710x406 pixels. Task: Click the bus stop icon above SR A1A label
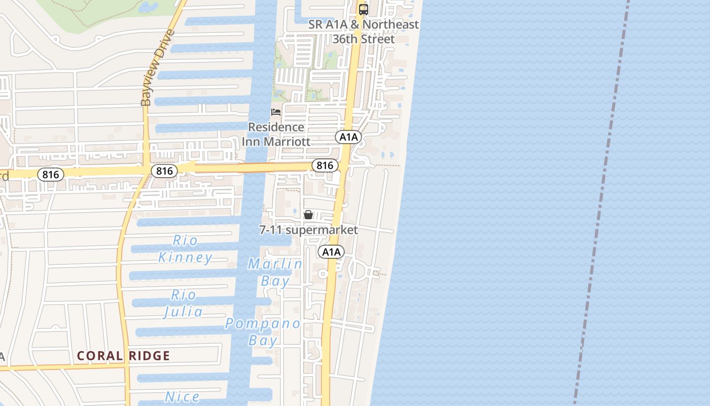pos(363,9)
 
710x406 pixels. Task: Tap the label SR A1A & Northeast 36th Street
pos(364,31)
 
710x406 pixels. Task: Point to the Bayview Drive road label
pos(158,68)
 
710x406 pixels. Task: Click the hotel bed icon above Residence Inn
pos(276,112)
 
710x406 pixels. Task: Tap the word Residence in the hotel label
pos(276,127)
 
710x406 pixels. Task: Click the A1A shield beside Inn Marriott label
pos(348,137)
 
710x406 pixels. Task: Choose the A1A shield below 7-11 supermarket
pos(331,252)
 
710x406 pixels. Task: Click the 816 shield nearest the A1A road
pos(325,165)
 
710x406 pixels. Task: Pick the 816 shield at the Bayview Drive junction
pos(164,171)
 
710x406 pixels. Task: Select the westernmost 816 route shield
pos(51,175)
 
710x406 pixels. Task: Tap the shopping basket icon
pos(308,215)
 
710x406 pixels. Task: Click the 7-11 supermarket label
pos(308,230)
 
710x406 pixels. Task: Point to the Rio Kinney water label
pos(185,249)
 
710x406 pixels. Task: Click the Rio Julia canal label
pos(183,303)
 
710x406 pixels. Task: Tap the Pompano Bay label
pos(263,331)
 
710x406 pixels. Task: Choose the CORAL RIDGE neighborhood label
pos(123,356)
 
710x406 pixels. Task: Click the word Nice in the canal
pos(183,397)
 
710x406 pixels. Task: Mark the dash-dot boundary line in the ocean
pos(602,203)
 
